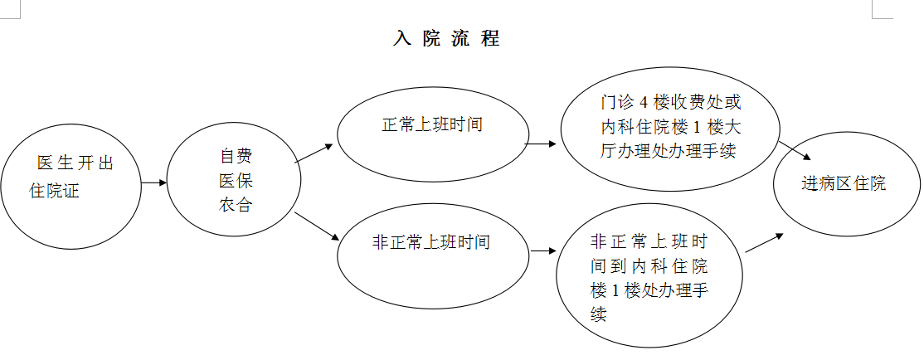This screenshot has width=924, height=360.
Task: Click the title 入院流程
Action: pyautogui.click(x=446, y=39)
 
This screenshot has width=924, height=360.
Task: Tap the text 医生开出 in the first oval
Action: pyautogui.click(x=75, y=163)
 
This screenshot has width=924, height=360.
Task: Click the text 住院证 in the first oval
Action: pyautogui.click(x=56, y=191)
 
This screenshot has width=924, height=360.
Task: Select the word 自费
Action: pyautogui.click(x=236, y=156)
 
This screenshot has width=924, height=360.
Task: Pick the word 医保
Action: pyautogui.click(x=236, y=181)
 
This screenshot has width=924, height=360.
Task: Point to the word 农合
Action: pyautogui.click(x=236, y=206)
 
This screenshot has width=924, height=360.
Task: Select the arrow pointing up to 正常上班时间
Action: pyautogui.click(x=314, y=153)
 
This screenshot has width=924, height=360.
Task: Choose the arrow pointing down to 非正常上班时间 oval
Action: pyautogui.click(x=317, y=226)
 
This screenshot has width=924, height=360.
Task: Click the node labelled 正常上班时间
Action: pyautogui.click(x=432, y=125)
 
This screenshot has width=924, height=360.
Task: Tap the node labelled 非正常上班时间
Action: pyautogui.click(x=432, y=242)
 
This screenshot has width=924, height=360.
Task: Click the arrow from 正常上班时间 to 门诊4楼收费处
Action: pyautogui.click(x=542, y=144)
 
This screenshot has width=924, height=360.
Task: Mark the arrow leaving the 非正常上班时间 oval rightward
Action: pyautogui.click(x=542, y=251)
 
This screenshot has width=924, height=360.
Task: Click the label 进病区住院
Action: pyautogui.click(x=844, y=183)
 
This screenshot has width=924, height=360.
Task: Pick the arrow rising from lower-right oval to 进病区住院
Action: pyautogui.click(x=764, y=243)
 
